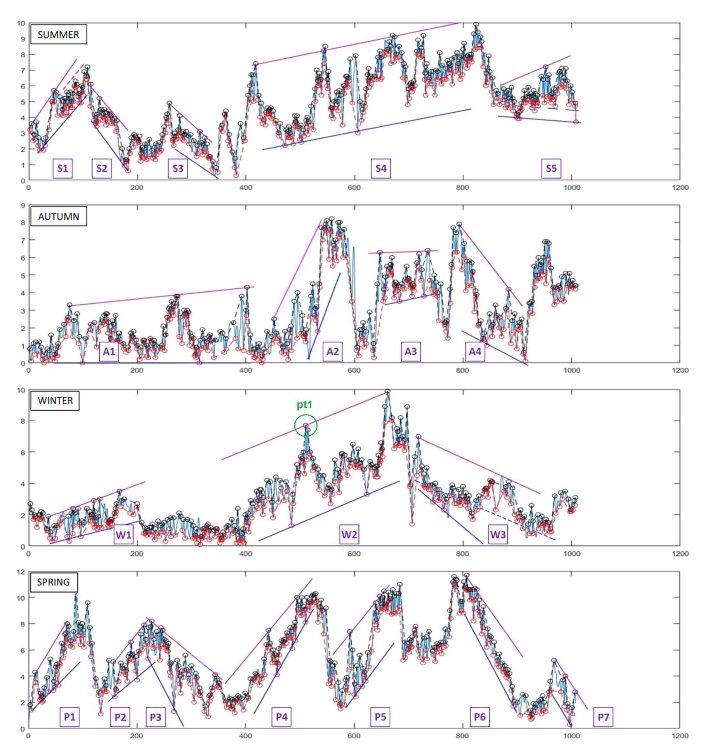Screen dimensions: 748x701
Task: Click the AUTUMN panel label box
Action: [58, 217]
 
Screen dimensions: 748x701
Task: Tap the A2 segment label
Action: [332, 352]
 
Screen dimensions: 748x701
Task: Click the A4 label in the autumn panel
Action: [475, 352]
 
